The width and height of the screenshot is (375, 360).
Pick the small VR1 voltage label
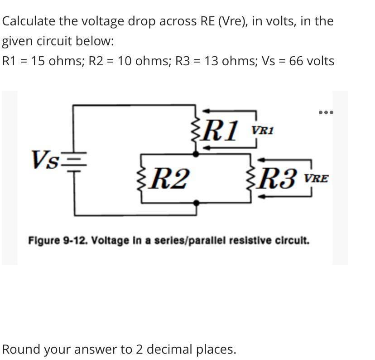pos(263,130)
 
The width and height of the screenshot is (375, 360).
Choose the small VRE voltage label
pos(316,179)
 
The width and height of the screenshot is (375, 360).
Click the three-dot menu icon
pos(325,112)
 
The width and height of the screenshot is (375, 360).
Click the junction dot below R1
pos(196,154)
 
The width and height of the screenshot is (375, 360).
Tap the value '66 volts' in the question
pos(312,61)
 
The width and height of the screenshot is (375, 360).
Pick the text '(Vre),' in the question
pos(233,21)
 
